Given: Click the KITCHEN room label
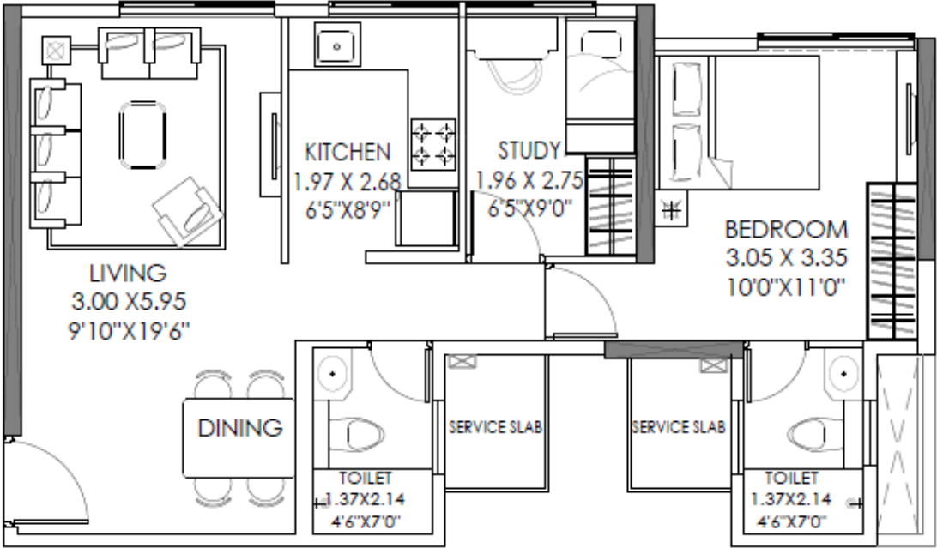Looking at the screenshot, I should pyautogui.click(x=348, y=153).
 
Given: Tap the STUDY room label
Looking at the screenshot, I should pyautogui.click(x=529, y=152).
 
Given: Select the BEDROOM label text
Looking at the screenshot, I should pyautogui.click(x=786, y=230).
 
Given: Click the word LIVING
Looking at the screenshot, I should pyautogui.click(x=127, y=274).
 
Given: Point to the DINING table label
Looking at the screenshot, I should pyautogui.click(x=240, y=427).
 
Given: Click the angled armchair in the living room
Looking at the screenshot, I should pyautogui.click(x=187, y=211).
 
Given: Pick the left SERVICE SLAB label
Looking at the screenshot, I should pyautogui.click(x=496, y=427).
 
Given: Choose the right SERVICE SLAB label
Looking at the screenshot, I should pyautogui.click(x=679, y=427).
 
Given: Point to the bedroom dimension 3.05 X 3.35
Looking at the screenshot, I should pyautogui.click(x=787, y=257).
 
